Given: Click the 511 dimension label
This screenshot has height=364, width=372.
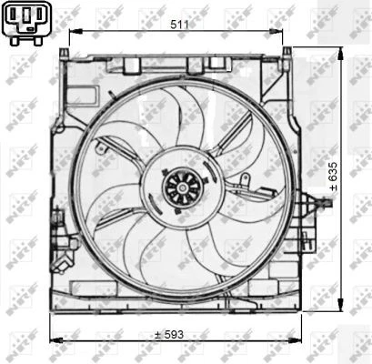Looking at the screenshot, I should pyautogui.click(x=179, y=25).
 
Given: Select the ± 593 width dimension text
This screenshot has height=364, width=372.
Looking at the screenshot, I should pyautogui.click(x=169, y=335).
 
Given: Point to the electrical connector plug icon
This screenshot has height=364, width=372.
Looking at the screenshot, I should pyautogui.click(x=25, y=22).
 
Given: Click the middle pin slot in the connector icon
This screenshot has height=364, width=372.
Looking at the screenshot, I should pyautogui.click(x=25, y=18).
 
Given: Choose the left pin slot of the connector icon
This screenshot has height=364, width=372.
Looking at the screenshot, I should pyautogui.click(x=15, y=18).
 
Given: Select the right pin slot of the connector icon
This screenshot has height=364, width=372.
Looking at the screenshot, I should pyautogui.click(x=36, y=18).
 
